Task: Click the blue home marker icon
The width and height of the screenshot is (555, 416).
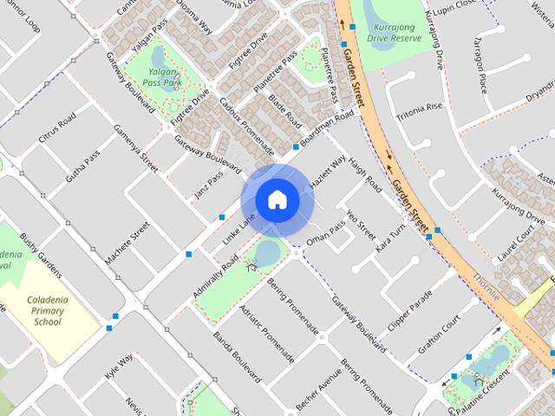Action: click(x=277, y=199)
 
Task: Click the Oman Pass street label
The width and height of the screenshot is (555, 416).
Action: click(x=325, y=230)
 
